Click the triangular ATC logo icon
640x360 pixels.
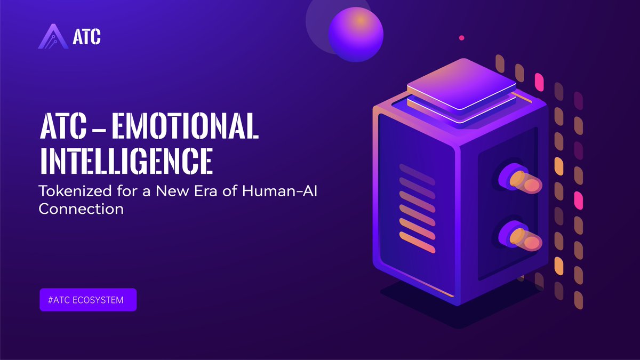(x=53, y=37)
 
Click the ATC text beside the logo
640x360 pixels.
(x=86, y=37)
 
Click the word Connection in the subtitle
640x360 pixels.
(x=81, y=209)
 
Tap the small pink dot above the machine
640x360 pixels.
(x=462, y=38)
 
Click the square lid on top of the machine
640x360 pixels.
(x=461, y=86)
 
